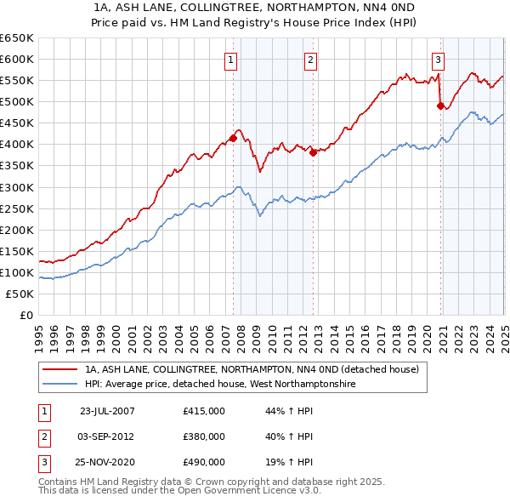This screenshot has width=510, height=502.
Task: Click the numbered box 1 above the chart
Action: point(231,60)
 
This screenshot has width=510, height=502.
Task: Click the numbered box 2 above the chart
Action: point(311,60)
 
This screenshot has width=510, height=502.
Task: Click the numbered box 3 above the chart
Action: point(438,60)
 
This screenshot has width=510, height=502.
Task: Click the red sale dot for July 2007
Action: point(233,138)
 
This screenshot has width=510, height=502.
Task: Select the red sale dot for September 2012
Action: point(313,152)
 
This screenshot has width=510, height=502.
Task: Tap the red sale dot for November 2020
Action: point(440,106)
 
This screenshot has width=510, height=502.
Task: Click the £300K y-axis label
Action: point(17,187)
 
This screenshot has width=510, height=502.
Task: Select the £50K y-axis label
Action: point(20,294)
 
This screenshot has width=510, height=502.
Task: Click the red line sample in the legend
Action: point(59,370)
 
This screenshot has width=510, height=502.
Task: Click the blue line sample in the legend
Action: point(59,385)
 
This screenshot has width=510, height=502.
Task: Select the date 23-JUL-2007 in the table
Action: point(107,411)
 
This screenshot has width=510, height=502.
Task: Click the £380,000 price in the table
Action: point(204,436)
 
